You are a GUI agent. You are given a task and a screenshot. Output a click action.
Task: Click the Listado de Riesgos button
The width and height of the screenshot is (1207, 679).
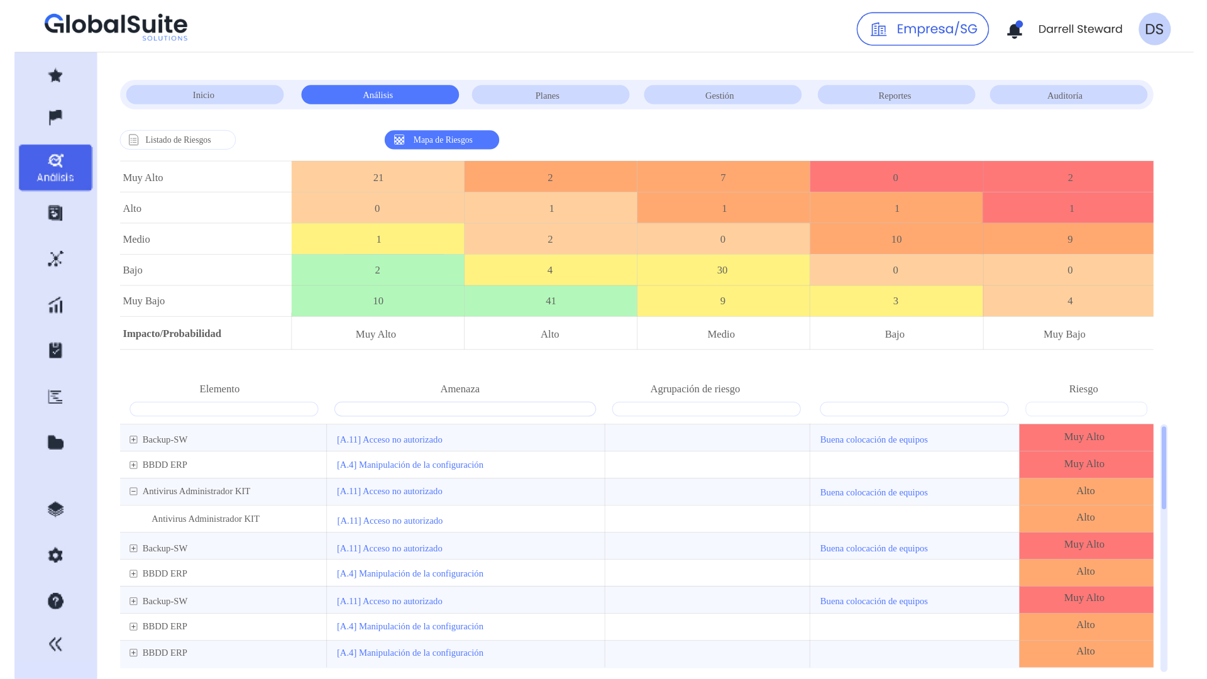click(x=178, y=140)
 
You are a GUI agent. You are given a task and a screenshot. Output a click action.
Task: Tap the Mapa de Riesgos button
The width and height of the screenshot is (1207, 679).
click(x=442, y=140)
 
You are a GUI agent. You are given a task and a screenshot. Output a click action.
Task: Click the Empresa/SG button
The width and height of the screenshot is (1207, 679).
click(x=922, y=29)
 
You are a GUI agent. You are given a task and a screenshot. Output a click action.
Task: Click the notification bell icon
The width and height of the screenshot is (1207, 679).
click(x=1014, y=30)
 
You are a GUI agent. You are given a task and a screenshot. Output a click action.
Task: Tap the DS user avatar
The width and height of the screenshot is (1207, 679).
click(x=1154, y=29)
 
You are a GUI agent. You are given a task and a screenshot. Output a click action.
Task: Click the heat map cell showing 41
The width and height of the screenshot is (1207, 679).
click(x=551, y=301)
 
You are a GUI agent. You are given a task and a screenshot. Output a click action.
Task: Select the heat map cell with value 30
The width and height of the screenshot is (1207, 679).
click(x=722, y=270)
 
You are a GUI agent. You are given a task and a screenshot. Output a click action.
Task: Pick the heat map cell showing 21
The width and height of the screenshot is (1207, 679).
click(x=378, y=177)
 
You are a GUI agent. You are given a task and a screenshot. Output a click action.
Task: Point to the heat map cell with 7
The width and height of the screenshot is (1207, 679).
click(x=723, y=177)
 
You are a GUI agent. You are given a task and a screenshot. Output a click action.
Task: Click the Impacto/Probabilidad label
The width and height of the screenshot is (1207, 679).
click(x=172, y=334)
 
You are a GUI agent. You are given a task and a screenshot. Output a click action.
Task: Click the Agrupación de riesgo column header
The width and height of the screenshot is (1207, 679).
click(x=695, y=389)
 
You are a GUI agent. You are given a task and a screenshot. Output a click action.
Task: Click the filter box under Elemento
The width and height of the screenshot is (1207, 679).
click(x=224, y=409)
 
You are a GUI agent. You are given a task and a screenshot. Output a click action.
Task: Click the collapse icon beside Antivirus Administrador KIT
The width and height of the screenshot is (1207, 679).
click(x=133, y=492)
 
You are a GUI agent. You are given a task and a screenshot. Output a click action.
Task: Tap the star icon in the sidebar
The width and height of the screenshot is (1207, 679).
click(x=55, y=75)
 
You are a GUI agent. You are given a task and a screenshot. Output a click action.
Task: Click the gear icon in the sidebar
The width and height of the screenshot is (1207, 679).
click(x=55, y=555)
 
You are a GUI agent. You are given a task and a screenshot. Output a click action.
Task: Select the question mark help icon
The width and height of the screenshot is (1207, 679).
click(x=55, y=601)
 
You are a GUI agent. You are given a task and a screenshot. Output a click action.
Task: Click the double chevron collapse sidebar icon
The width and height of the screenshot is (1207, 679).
click(x=55, y=644)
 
